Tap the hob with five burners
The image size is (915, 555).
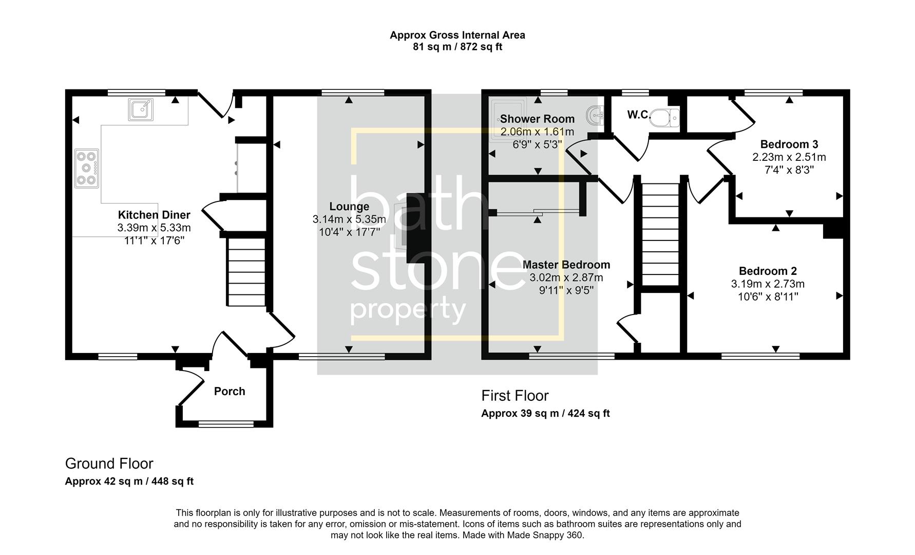tap(87, 168)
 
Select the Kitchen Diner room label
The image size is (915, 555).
tap(154, 215)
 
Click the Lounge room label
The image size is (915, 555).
tap(349, 207)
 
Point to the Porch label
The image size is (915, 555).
tap(230, 392)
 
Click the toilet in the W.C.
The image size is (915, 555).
tap(665, 118)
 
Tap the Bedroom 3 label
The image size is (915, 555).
tap(789, 144)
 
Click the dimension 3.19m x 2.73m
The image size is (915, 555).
tap(768, 284)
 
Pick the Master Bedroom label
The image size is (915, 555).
tap(566, 265)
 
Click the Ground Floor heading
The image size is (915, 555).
tap(109, 464)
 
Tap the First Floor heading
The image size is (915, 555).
tap(514, 396)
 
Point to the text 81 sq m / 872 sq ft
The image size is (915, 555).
tap(457, 47)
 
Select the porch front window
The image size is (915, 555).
tap(226, 424)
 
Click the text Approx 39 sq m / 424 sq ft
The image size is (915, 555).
tap(545, 414)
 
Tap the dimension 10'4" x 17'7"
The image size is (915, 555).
tap(349, 232)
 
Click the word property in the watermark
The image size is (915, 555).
tap(408, 310)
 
